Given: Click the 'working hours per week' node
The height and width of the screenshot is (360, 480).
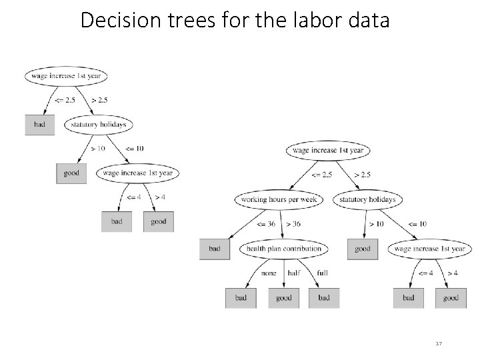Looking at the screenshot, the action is [279, 199].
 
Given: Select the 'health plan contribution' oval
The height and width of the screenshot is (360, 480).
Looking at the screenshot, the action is [284, 249].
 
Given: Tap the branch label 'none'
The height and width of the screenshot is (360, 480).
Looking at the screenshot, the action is [269, 273].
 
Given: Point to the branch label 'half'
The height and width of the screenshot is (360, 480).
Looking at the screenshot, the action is [293, 273].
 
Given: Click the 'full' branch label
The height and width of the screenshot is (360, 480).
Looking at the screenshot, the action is [322, 273].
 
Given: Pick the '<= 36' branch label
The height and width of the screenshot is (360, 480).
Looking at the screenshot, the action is [267, 224].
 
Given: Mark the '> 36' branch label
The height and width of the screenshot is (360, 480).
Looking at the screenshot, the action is [293, 224].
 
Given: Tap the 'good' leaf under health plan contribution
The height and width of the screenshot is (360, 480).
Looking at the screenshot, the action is [284, 298].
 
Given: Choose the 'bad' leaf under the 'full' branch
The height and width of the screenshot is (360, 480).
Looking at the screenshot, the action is [324, 298].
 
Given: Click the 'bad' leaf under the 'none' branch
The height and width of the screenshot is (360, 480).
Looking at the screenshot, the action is [241, 298].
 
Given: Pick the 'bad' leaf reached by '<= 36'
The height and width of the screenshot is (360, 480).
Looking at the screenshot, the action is [215, 249].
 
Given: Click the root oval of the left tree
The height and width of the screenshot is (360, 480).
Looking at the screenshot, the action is [66, 75].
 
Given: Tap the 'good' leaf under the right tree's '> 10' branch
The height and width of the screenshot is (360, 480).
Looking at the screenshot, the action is [363, 249].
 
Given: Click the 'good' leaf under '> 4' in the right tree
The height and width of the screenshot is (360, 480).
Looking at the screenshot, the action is [451, 298].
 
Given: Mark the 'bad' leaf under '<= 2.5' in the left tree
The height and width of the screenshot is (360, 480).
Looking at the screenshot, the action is [40, 125].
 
